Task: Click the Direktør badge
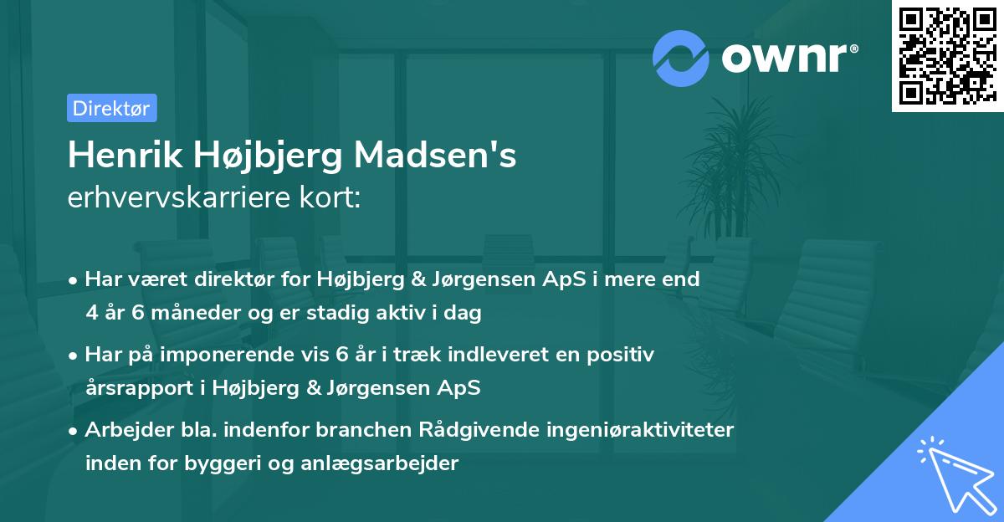(x=111, y=108)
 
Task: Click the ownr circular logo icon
(x=681, y=59)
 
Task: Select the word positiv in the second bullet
(x=623, y=354)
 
